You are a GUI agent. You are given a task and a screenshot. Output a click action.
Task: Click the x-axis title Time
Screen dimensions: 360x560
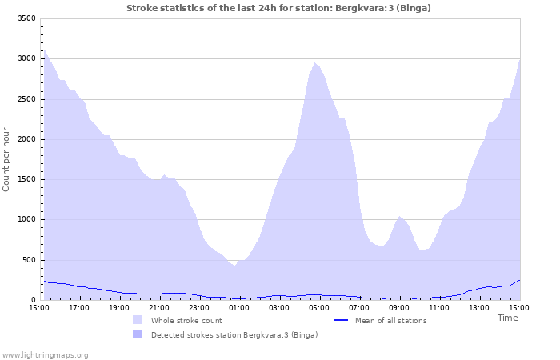(507, 318)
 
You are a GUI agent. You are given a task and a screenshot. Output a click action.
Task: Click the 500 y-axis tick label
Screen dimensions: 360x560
(28, 260)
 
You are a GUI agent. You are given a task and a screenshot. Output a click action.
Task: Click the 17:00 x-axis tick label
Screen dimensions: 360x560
(79, 307)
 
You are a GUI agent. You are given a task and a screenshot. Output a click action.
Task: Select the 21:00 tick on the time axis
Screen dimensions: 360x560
(159, 307)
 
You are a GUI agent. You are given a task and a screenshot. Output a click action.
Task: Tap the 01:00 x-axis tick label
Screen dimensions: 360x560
(239, 307)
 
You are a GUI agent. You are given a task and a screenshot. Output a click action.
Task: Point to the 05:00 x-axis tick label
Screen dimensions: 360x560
(319, 307)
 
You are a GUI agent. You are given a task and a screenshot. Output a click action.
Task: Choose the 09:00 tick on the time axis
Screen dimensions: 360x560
(399, 307)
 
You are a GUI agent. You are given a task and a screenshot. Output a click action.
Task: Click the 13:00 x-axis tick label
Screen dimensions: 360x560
(479, 307)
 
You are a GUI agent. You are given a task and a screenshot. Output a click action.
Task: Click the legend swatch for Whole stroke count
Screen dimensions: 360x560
(138, 320)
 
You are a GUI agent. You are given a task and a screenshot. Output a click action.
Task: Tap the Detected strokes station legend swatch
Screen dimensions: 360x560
(138, 334)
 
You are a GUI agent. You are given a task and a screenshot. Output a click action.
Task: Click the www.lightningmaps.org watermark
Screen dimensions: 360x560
(45, 354)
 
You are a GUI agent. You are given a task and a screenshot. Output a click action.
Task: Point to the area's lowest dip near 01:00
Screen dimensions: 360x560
(234, 266)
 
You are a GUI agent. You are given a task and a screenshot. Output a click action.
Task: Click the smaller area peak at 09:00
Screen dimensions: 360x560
(399, 216)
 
